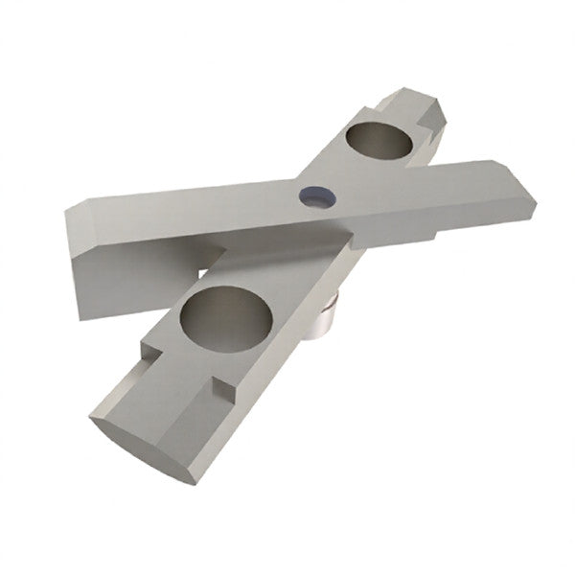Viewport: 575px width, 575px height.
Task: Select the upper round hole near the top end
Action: (x=379, y=142)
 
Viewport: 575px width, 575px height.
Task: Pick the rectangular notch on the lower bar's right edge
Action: (x=223, y=388)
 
